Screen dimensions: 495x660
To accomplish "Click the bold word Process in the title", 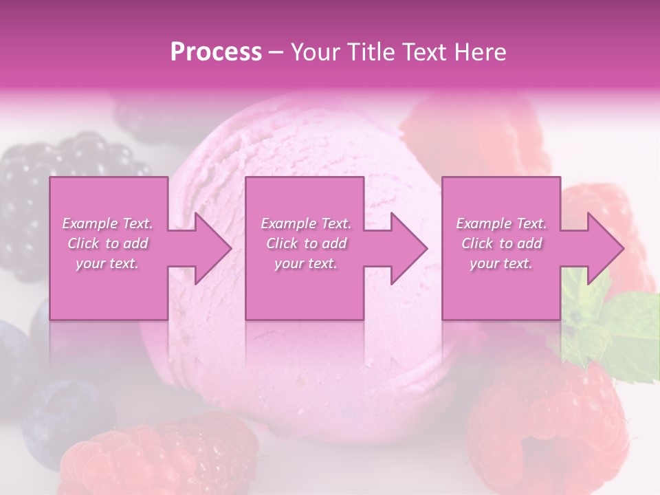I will (x=216, y=52).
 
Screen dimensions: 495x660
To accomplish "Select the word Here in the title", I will (x=479, y=52).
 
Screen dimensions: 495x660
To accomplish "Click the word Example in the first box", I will (x=89, y=223).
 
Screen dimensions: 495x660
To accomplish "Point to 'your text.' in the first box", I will (x=107, y=263).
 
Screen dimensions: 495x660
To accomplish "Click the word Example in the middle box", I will (x=287, y=223).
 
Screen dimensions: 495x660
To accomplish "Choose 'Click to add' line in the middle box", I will (x=306, y=243).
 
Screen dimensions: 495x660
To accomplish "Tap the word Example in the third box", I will (x=483, y=223).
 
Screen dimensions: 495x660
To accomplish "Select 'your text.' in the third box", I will (x=501, y=263).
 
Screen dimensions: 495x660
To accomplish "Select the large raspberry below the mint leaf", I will (x=543, y=419).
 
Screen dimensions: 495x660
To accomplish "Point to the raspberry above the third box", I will (x=474, y=131).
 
